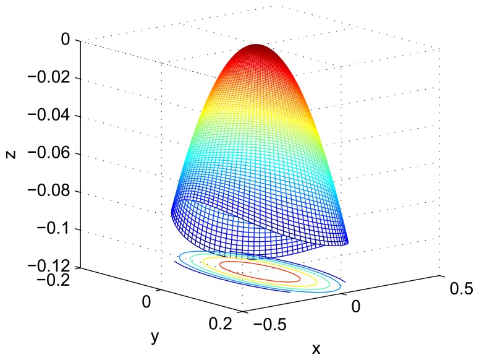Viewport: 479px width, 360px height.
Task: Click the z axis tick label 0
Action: tap(64, 40)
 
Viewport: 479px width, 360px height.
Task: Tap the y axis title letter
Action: tap(155, 337)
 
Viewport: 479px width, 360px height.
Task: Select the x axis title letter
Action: tap(316, 348)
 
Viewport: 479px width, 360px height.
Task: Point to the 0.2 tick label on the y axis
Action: tap(220, 323)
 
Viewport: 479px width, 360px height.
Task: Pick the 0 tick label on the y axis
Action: tap(146, 301)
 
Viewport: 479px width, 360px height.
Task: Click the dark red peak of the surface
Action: tap(258, 48)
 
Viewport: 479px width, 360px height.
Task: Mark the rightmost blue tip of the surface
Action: tap(347, 242)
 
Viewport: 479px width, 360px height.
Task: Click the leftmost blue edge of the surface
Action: tap(172, 213)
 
